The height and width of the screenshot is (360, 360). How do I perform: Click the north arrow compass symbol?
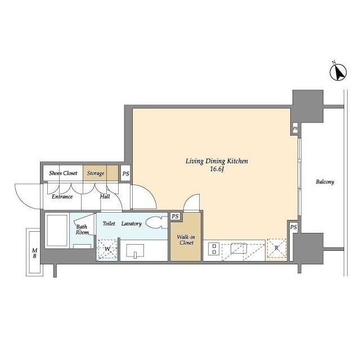[x=338, y=72]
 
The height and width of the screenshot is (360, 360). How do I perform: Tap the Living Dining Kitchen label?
[x=217, y=161]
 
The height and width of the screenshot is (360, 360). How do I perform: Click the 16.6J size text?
[x=217, y=169]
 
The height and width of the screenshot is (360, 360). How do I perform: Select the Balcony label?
[x=325, y=182]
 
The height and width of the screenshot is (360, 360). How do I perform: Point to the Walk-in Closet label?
[x=186, y=240]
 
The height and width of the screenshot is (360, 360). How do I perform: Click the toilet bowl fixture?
[x=156, y=223]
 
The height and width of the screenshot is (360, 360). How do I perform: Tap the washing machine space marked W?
[x=107, y=249]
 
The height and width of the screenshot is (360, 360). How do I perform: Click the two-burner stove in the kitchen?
[x=214, y=249]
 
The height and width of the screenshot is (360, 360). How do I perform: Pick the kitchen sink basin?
[x=238, y=248]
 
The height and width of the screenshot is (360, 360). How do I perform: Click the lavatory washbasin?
[x=135, y=251]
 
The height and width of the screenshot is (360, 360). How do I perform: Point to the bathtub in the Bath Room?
[x=57, y=231]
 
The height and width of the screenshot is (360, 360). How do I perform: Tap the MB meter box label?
[x=34, y=253]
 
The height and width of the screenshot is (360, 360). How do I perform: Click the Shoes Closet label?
[x=63, y=173]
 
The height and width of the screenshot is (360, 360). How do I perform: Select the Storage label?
[x=96, y=173]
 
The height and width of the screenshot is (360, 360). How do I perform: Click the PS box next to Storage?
[x=125, y=174]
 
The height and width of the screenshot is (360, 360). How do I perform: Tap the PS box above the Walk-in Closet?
[x=175, y=216]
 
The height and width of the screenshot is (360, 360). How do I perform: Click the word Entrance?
[x=62, y=196]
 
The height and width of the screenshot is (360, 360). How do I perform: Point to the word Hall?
[x=105, y=196]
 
